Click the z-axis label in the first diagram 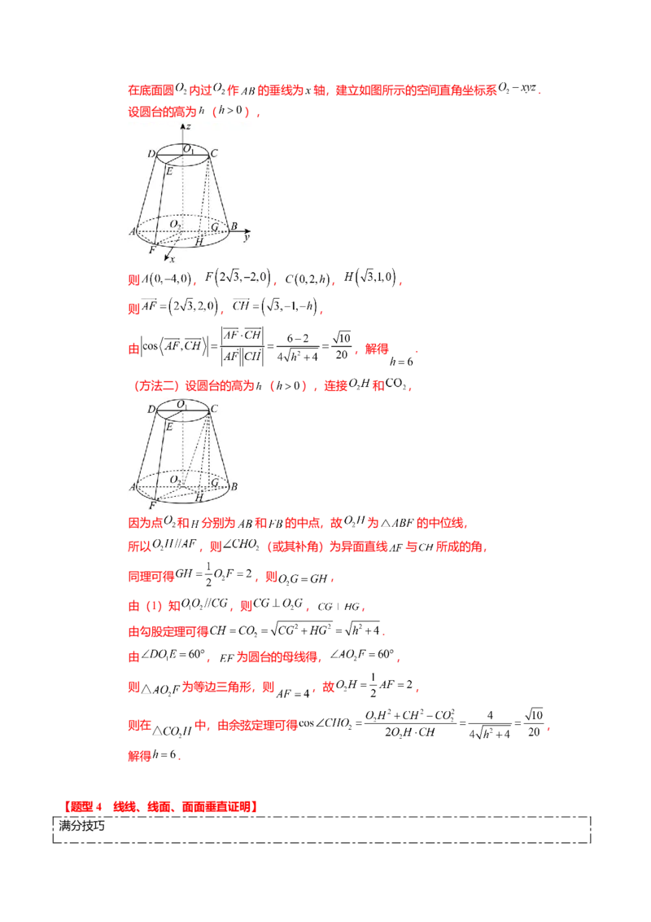pyautogui.click(x=188, y=126)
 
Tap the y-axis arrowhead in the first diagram pyautogui.click(x=248, y=231)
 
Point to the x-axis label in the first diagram pyautogui.click(x=173, y=259)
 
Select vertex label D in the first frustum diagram pyautogui.click(x=151, y=153)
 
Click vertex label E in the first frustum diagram pyautogui.click(x=169, y=171)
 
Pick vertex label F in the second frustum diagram pyautogui.click(x=153, y=505)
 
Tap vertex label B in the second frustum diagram pyautogui.click(x=234, y=486)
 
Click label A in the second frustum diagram pyautogui.click(x=133, y=487)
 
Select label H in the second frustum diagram pyautogui.click(x=199, y=498)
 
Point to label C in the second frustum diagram pyautogui.click(x=214, y=408)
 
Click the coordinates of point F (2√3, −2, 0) pyautogui.click(x=238, y=277)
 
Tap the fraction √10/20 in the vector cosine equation pyautogui.click(x=341, y=345)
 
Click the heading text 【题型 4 pyautogui.click(x=82, y=806)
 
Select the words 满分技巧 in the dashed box pyautogui.click(x=81, y=826)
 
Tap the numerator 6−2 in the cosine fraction pyautogui.click(x=297, y=338)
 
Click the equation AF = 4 pyautogui.click(x=293, y=693)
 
